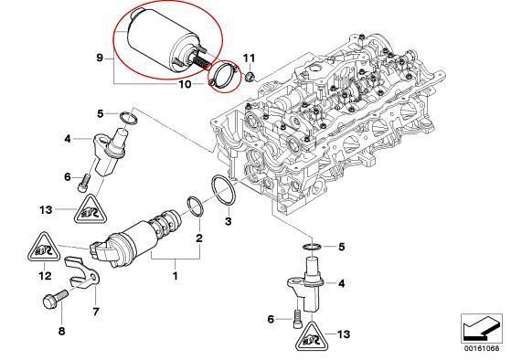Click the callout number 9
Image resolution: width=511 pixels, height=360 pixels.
pos(100,58)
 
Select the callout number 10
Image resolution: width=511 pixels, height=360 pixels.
pos(185,84)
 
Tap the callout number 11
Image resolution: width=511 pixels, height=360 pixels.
pos(250,58)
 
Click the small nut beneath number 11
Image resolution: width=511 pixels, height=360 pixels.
pos(250,78)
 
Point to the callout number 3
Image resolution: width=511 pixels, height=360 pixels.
pos(229,221)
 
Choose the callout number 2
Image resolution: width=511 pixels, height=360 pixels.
pos(199,238)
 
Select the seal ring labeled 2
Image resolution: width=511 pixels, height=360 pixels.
pos(196,206)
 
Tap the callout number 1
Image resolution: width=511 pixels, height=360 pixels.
pos(175,276)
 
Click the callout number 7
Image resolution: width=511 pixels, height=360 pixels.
pos(95,312)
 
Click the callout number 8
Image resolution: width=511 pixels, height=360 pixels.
pos(61,332)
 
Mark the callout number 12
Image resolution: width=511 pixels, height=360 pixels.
pos(46,276)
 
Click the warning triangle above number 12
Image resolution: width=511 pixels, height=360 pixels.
pos(45,249)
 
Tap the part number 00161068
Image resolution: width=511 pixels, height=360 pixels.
pos(482,348)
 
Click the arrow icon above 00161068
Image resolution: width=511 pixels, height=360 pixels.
pos(482,327)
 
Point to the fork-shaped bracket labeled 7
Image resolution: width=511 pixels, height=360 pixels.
pos(81,274)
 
